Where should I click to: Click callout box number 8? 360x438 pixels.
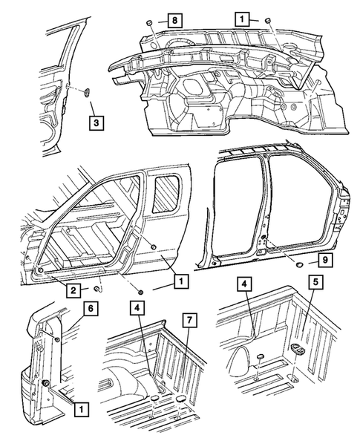[x=175, y=20]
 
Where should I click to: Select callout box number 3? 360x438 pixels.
[x=96, y=123]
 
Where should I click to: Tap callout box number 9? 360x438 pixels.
[x=324, y=261]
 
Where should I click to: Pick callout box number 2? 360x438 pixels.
[x=73, y=290]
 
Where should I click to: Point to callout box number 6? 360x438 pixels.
[x=91, y=309]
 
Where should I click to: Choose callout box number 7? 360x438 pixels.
[x=189, y=320]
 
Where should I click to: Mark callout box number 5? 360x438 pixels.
[x=315, y=282]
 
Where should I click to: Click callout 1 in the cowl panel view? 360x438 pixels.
[x=242, y=19]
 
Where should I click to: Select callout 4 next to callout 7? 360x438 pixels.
[x=137, y=308]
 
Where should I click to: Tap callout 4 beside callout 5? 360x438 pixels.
[x=244, y=284]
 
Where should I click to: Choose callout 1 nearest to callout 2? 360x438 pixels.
[x=181, y=281]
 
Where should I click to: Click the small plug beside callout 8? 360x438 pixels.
[x=149, y=22]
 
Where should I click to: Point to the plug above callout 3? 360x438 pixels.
[x=87, y=92]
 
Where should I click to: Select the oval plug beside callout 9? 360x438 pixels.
[x=299, y=264]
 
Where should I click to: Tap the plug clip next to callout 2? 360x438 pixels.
[x=97, y=289]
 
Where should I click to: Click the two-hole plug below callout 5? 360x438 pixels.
[x=298, y=348]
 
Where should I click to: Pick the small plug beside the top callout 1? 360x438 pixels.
[x=267, y=20]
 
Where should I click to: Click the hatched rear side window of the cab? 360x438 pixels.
[x=166, y=193]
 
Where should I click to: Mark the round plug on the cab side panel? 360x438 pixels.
[x=153, y=246]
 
